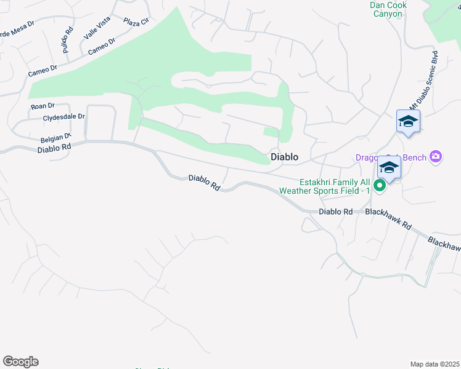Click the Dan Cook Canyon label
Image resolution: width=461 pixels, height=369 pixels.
(386, 9)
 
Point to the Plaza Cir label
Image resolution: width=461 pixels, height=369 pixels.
(136, 22)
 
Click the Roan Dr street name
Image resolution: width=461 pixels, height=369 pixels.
(43, 106)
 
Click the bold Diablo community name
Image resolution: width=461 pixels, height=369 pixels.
(285, 157)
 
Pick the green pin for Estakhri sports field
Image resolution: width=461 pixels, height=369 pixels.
(380, 184)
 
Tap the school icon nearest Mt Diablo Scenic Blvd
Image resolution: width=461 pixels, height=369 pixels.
(408, 121)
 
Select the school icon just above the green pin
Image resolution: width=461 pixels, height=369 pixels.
(389, 167)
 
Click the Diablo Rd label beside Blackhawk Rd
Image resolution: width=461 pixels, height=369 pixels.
(336, 212)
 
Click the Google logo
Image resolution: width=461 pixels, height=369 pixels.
(20, 362)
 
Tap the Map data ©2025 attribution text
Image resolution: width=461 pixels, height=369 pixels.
(434, 364)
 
